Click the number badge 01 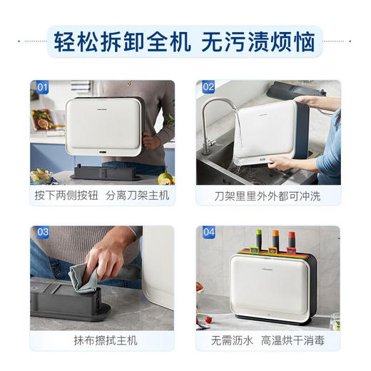(x=42, y=88)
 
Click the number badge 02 (x=208, y=88)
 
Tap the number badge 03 (x=42, y=233)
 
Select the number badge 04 (x=208, y=233)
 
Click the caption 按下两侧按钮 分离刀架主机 (x=102, y=195)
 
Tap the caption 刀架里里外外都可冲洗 (x=268, y=195)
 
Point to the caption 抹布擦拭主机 (x=102, y=340)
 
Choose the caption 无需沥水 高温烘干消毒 (x=268, y=340)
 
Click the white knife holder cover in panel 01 (x=103, y=125)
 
